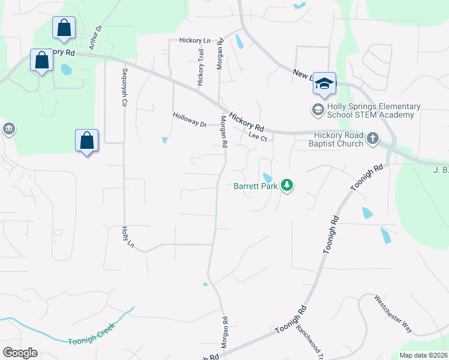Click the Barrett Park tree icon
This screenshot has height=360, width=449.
point(287,185)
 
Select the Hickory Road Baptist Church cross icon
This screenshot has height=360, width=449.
point(372,139)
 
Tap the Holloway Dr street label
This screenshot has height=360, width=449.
point(190,120)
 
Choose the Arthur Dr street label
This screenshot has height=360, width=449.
point(95,37)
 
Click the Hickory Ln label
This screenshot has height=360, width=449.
point(195,40)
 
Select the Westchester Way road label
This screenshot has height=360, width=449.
point(393,314)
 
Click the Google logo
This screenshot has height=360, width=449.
point(20,353)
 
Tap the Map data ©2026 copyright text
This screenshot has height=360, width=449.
point(423,355)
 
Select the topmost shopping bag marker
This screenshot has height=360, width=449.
point(64,28)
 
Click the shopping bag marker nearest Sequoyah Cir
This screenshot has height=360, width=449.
point(87,141)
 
